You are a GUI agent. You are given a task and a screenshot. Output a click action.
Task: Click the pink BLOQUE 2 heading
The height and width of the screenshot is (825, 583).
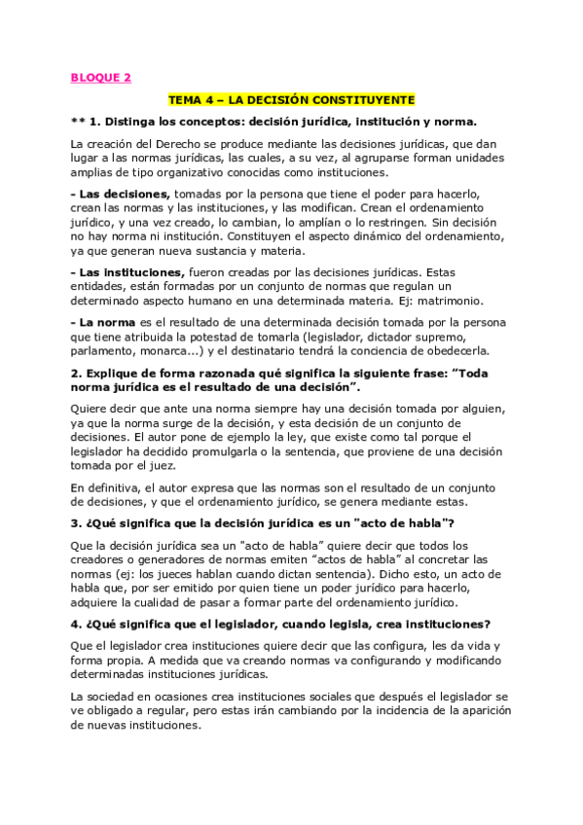click(100, 78)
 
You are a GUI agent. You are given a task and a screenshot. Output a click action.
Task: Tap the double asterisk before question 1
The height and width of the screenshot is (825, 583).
click(80, 122)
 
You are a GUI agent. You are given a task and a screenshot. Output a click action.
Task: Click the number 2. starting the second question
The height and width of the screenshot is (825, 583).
click(76, 373)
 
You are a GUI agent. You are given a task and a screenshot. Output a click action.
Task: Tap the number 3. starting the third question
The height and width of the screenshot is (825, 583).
click(76, 524)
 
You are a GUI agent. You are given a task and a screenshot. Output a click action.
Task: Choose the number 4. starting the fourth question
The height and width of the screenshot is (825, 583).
click(76, 624)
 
